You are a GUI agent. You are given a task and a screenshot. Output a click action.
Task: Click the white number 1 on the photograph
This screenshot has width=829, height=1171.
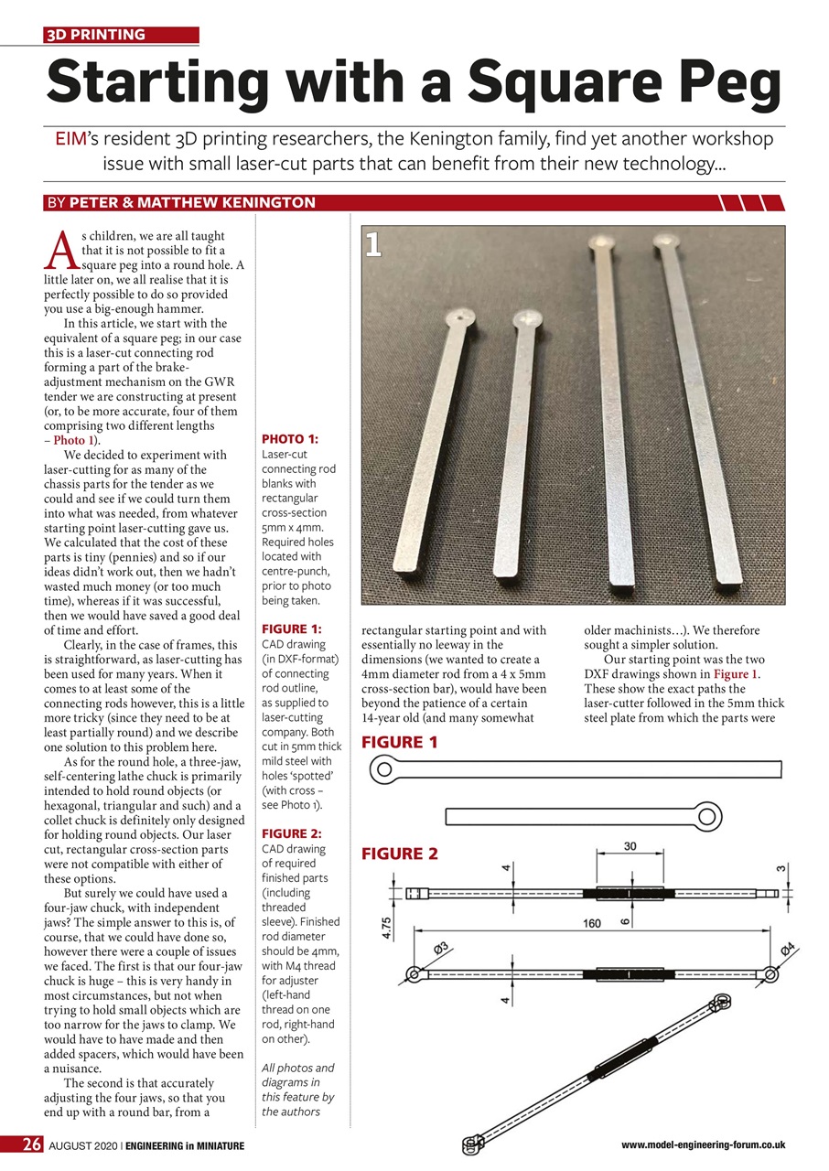click(x=372, y=244)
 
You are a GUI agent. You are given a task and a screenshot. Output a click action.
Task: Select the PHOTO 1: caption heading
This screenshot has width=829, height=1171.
click(x=290, y=439)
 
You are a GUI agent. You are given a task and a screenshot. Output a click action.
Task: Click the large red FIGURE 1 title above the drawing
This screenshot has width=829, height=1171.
click(x=401, y=742)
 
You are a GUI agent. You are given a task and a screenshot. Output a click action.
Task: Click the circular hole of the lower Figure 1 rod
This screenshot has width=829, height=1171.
click(x=707, y=814)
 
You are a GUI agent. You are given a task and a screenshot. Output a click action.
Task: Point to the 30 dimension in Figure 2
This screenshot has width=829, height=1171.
click(x=630, y=847)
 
